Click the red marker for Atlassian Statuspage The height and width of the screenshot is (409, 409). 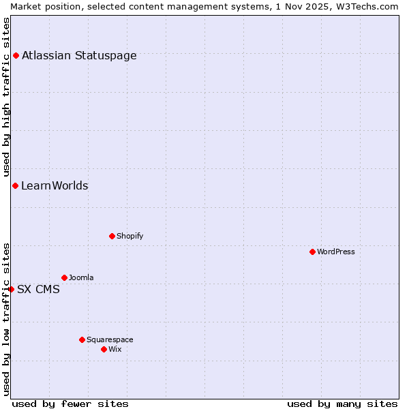[16, 55]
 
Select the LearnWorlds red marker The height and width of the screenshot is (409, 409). [15, 185]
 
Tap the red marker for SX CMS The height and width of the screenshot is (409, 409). [11, 289]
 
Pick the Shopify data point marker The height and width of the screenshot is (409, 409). [112, 236]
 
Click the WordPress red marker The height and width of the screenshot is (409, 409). [312, 252]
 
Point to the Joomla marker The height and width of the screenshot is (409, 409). [64, 277]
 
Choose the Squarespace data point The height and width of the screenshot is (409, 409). [82, 339]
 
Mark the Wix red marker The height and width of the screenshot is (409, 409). [104, 349]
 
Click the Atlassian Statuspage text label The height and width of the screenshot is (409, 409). [79, 56]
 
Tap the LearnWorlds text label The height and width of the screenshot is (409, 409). [55, 186]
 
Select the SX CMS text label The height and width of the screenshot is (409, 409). [38, 290]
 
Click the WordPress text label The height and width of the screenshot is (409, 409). [336, 252]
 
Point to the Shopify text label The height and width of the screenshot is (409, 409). [130, 236]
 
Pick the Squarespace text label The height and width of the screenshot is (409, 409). [110, 339]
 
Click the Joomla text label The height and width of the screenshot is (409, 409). [81, 277]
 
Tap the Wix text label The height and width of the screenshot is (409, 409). [115, 349]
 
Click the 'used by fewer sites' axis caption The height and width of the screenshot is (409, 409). [70, 404]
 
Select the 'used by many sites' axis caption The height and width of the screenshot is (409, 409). [342, 404]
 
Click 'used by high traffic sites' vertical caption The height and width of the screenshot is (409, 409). [7, 97]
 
